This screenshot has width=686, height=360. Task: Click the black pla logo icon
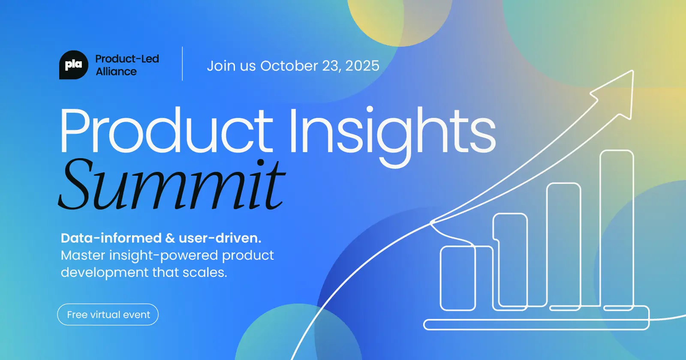coord(73,65)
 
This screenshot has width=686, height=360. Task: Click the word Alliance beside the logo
coord(116,72)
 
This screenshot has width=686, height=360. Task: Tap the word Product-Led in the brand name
coord(127,59)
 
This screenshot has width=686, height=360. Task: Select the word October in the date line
coord(289,66)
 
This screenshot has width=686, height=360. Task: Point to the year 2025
coord(362,66)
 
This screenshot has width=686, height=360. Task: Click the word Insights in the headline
coord(392,131)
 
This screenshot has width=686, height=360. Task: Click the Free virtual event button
coord(108,315)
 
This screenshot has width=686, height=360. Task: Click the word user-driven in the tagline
coord(220,238)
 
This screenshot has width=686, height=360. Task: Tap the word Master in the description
coord(83,255)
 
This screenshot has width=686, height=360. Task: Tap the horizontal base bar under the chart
coord(536,324)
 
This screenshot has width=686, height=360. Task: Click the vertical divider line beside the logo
coord(183,64)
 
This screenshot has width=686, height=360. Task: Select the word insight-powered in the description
coord(164,256)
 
